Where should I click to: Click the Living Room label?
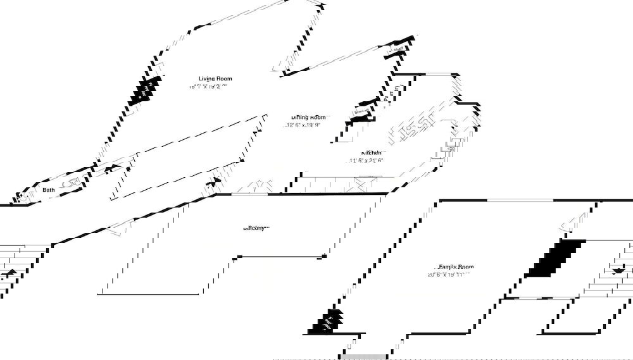coord(215,78)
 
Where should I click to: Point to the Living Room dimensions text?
coord(208,87)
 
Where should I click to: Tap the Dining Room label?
coord(308,117)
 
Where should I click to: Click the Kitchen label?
coord(372,152)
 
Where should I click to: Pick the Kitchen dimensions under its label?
coord(367,161)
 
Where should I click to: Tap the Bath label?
coord(49,189)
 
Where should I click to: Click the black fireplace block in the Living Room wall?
coord(146,90)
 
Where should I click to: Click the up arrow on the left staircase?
coord(11,273)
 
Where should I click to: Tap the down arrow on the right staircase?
coord(619,270)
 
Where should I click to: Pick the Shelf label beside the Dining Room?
coord(361,112)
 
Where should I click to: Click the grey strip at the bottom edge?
coord(363,357)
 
